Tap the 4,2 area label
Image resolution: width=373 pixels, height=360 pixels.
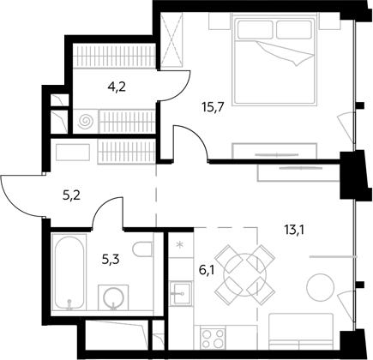117,87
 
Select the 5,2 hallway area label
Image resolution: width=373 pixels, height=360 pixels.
71,195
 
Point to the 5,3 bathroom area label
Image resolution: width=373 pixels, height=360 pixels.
111,259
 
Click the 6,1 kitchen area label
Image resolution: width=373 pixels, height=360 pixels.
207,270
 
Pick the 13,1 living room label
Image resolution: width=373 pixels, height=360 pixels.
294,229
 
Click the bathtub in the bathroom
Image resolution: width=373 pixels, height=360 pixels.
69,272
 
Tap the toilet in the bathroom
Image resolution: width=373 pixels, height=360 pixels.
142,249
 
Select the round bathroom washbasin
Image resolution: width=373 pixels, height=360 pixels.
113,297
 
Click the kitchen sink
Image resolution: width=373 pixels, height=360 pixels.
180,293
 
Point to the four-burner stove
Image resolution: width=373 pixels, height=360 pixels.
213,338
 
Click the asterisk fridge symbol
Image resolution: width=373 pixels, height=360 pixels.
180,244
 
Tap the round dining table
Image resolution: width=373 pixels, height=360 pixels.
245,274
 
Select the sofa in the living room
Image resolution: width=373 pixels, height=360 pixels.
301,331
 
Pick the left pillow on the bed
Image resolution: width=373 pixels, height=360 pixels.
256,30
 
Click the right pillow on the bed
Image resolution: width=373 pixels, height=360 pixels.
294,30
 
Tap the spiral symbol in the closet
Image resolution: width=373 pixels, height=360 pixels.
86,122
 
